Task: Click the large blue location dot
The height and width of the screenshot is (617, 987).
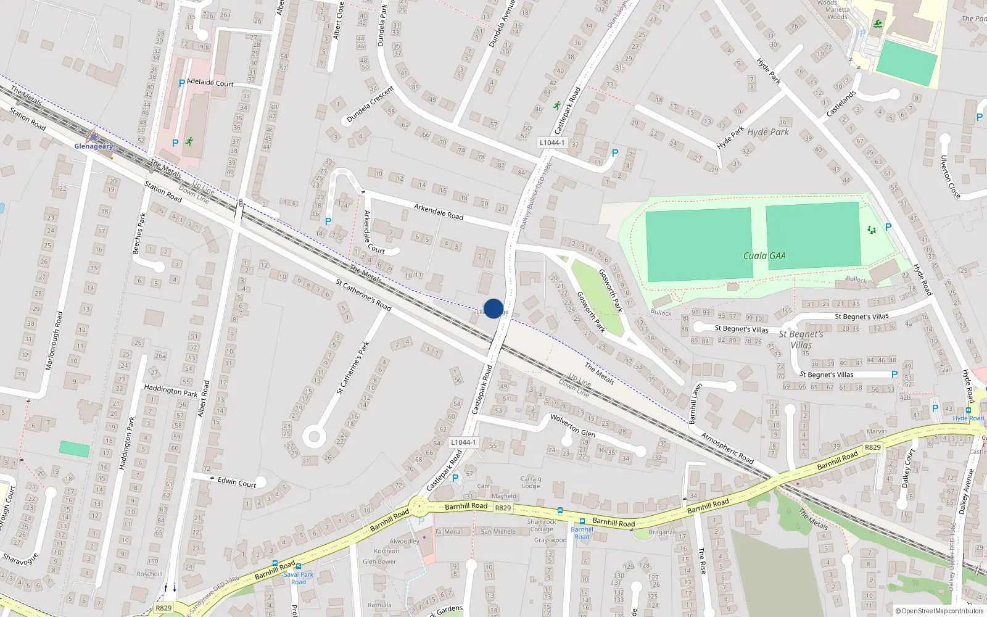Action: tap(493, 308)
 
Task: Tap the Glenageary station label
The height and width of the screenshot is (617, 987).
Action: tap(94, 146)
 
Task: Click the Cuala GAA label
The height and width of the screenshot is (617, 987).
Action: tap(764, 255)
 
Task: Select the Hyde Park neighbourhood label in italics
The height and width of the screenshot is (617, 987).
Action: tap(768, 132)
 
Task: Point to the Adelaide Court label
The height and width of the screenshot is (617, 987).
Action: tap(210, 82)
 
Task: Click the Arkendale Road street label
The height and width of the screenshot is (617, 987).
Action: tap(439, 212)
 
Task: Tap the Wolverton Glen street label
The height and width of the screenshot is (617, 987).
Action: tap(572, 425)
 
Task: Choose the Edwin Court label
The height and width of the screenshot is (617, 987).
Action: tap(237, 482)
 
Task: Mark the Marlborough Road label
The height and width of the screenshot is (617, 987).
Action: tap(54, 341)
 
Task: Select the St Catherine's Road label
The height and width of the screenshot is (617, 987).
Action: tap(363, 295)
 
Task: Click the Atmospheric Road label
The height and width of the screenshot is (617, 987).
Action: tap(727, 448)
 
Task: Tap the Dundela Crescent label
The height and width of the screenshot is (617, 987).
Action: tap(370, 104)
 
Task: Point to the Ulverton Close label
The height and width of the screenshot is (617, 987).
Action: tap(950, 176)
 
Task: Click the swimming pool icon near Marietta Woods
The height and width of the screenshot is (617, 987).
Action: tap(877, 24)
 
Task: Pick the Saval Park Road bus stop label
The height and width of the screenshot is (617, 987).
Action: tap(299, 578)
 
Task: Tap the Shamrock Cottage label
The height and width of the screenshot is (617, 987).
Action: tap(542, 525)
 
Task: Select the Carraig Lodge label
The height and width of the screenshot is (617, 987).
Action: tap(531, 482)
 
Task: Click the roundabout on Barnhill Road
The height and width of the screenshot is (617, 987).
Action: tap(419, 507)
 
